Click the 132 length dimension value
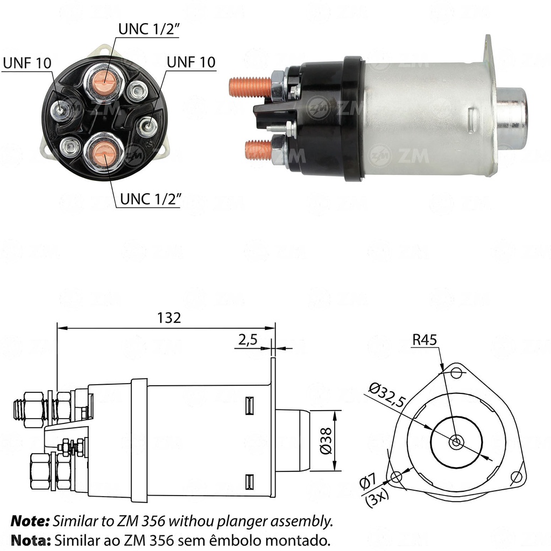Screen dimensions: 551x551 pyautogui.click(x=169, y=317)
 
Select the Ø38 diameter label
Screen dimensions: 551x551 pyautogui.click(x=324, y=441)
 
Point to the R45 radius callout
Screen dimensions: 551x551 pyautogui.click(x=425, y=340)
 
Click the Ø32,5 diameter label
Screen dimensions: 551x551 pyautogui.click(x=386, y=394)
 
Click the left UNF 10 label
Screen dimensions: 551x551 pyautogui.click(x=27, y=62)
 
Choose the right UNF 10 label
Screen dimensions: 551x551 pyautogui.click(x=191, y=61)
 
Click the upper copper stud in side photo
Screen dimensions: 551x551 pyautogui.click(x=250, y=87)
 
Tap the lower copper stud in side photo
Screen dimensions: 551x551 pyautogui.click(x=258, y=149)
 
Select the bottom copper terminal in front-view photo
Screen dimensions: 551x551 pyautogui.click(x=104, y=153)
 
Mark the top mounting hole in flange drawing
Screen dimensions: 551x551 pyautogui.click(x=457, y=371)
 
